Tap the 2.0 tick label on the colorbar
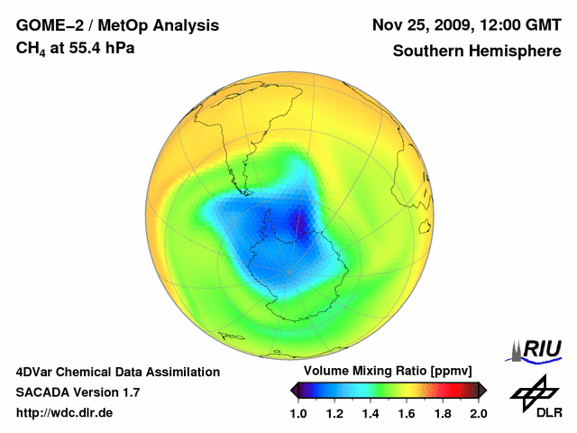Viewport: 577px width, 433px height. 479,413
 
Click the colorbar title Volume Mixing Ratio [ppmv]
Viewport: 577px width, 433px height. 382,372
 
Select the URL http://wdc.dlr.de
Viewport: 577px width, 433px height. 64,413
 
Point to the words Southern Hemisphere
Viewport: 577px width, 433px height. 477,51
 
